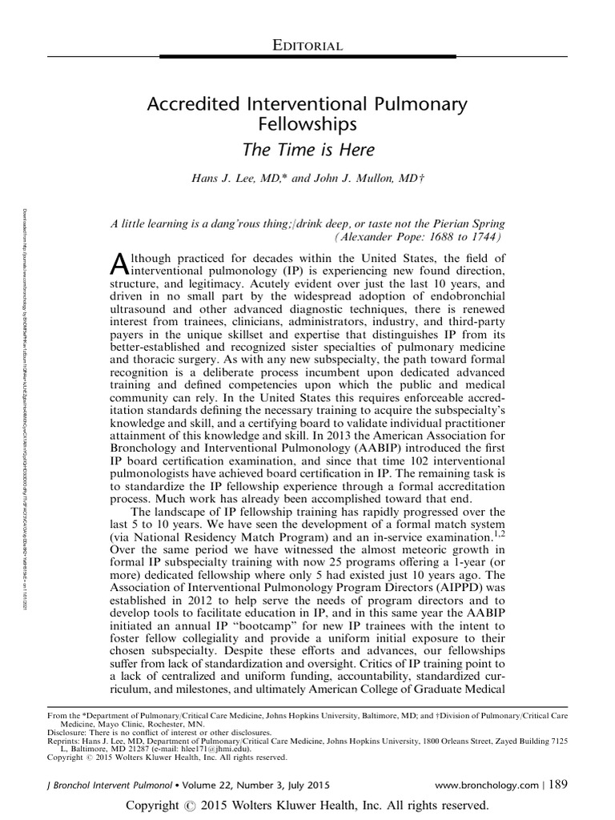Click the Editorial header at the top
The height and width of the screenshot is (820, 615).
[307, 46]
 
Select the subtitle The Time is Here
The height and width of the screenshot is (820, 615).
[307, 149]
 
